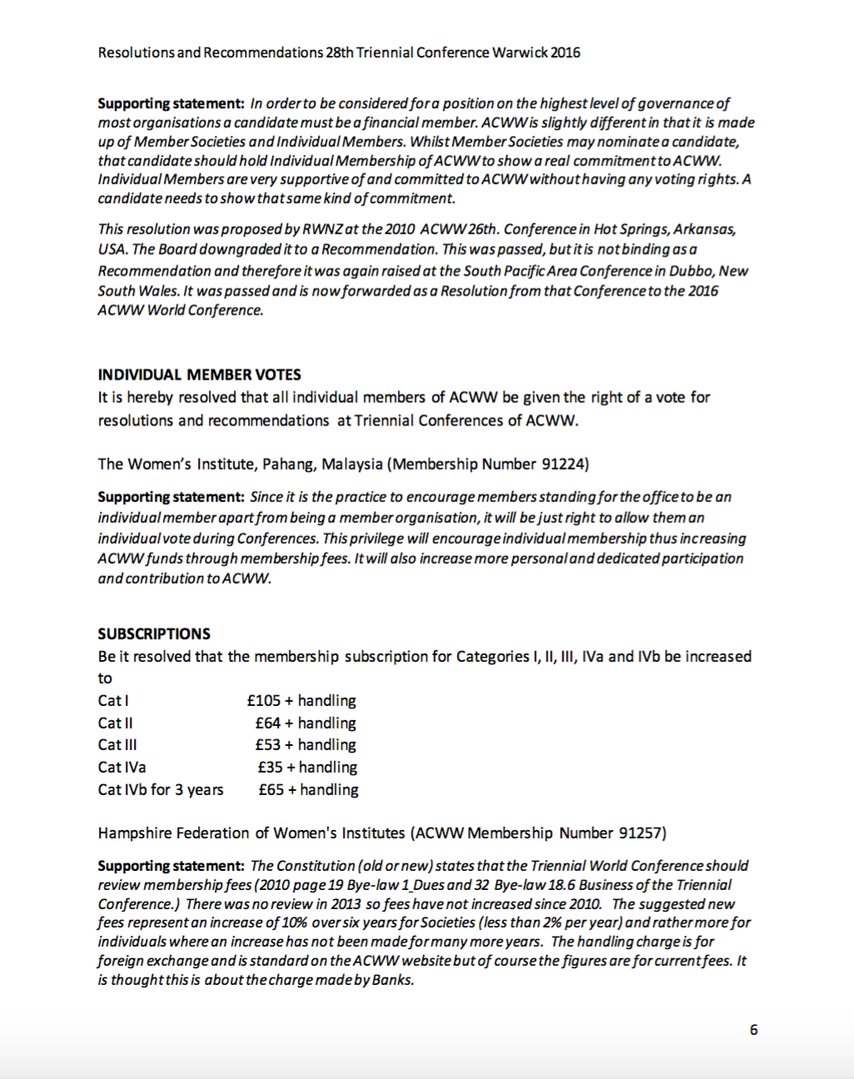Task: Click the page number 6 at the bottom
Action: coord(753,1030)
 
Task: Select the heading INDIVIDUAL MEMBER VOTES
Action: coord(199,375)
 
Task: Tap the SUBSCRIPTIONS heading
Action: coord(154,634)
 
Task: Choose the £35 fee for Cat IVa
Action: coord(270,768)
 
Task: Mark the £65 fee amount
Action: coord(271,790)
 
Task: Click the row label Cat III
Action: coord(117,745)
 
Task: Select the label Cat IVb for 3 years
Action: coord(161,790)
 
